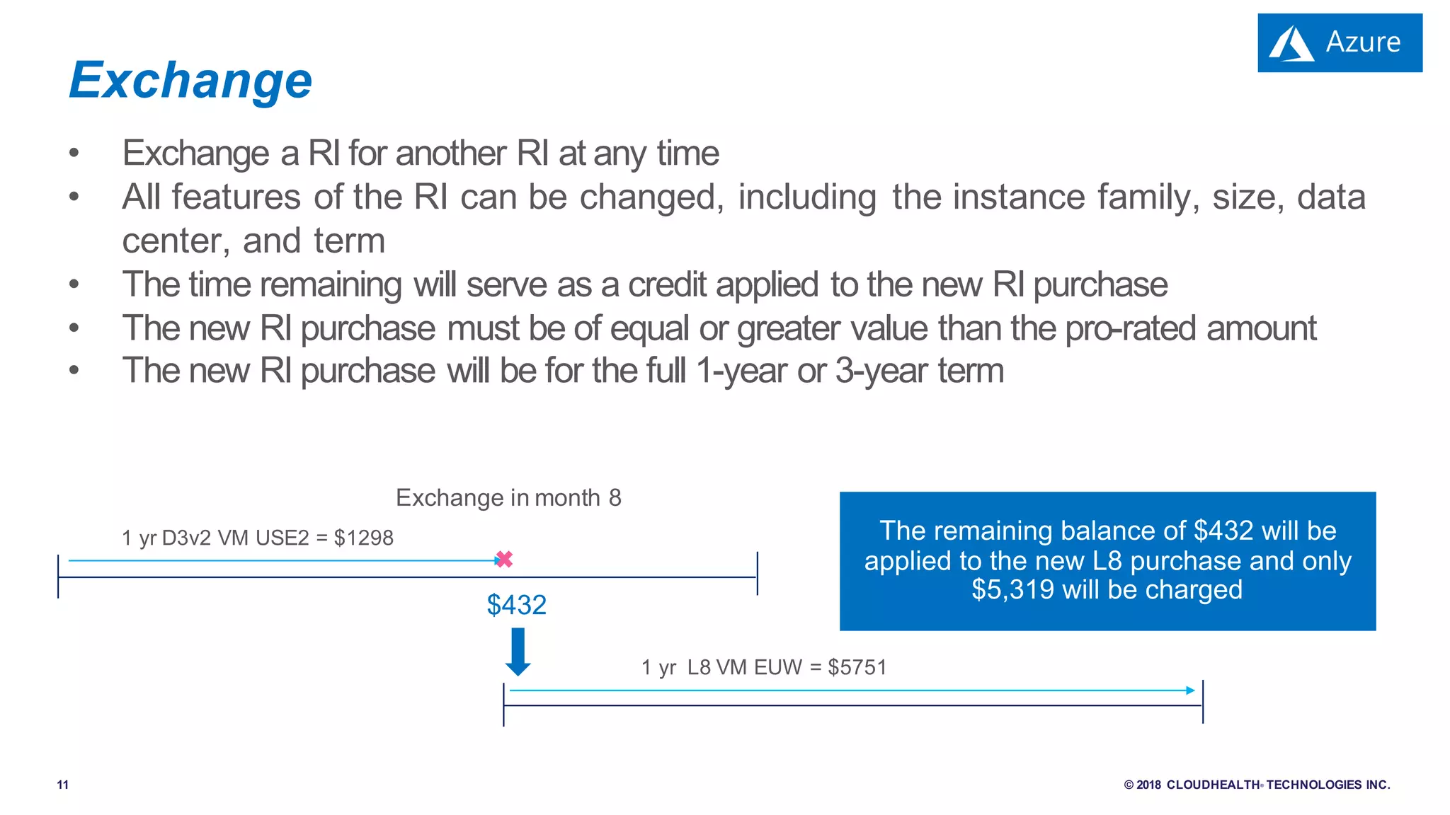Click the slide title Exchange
(x=190, y=81)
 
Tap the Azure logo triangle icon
(x=1291, y=44)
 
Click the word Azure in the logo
(x=1363, y=42)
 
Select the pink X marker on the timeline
(x=504, y=560)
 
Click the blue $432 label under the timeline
(x=517, y=605)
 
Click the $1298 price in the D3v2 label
(x=363, y=538)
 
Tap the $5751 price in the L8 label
(x=857, y=667)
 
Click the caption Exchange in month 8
(x=508, y=497)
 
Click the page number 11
(x=63, y=785)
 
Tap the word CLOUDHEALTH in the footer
(x=1213, y=785)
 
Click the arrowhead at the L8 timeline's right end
(x=1191, y=690)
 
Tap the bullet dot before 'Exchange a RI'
(x=74, y=154)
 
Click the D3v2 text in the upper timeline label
(x=186, y=538)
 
